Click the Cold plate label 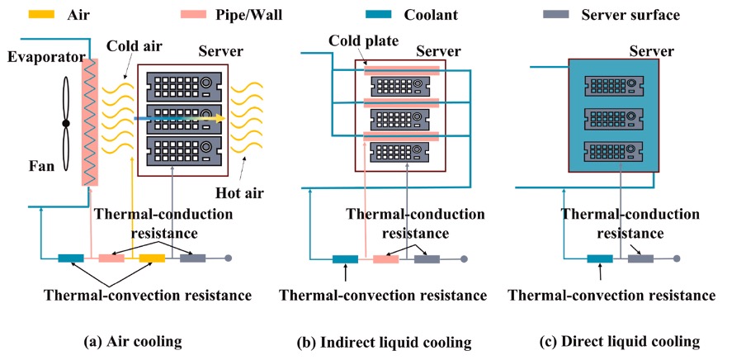click(x=362, y=40)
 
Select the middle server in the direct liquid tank click(x=613, y=116)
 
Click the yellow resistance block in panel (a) click(x=152, y=258)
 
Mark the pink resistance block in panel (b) click(x=385, y=259)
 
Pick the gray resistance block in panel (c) click(x=640, y=259)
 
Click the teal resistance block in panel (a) click(x=71, y=258)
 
